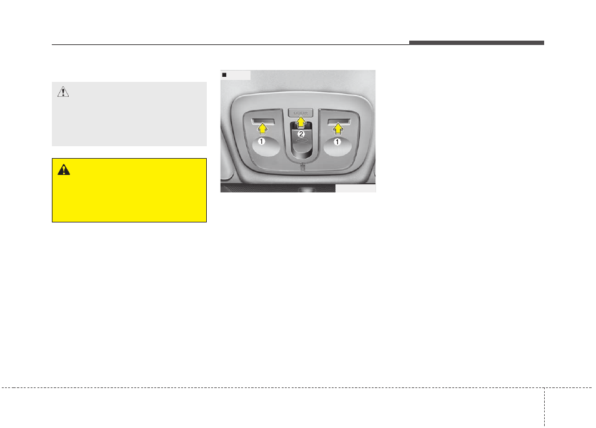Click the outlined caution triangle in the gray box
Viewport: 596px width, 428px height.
pyautogui.click(x=63, y=92)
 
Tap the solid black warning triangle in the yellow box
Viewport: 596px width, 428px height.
pyautogui.click(x=63, y=169)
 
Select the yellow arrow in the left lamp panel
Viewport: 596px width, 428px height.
pyautogui.click(x=262, y=129)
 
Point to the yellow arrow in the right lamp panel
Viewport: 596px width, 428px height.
pyautogui.click(x=339, y=129)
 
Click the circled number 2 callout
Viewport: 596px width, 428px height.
pyautogui.click(x=300, y=134)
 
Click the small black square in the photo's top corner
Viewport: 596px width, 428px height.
pyautogui.click(x=225, y=75)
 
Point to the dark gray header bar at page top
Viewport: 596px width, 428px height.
pyautogui.click(x=477, y=42)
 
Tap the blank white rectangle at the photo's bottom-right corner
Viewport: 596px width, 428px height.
pyautogui.click(x=355, y=188)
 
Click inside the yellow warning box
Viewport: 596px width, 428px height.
pyautogui.click(x=129, y=197)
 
